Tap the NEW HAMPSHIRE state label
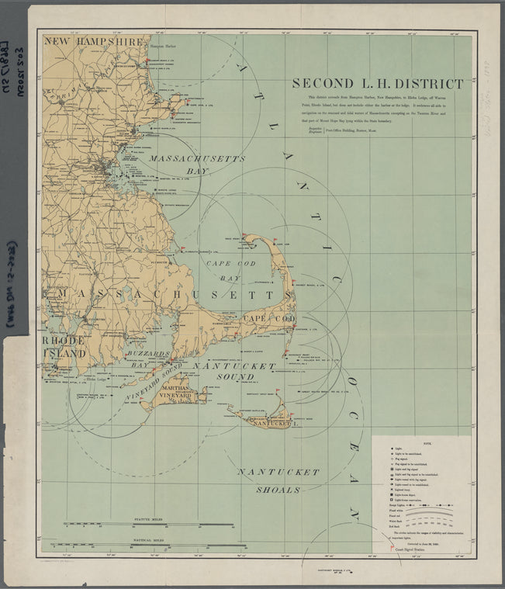point(93,41)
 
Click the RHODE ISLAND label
point(64,347)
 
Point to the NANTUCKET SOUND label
point(233,371)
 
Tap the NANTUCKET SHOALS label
point(278,480)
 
